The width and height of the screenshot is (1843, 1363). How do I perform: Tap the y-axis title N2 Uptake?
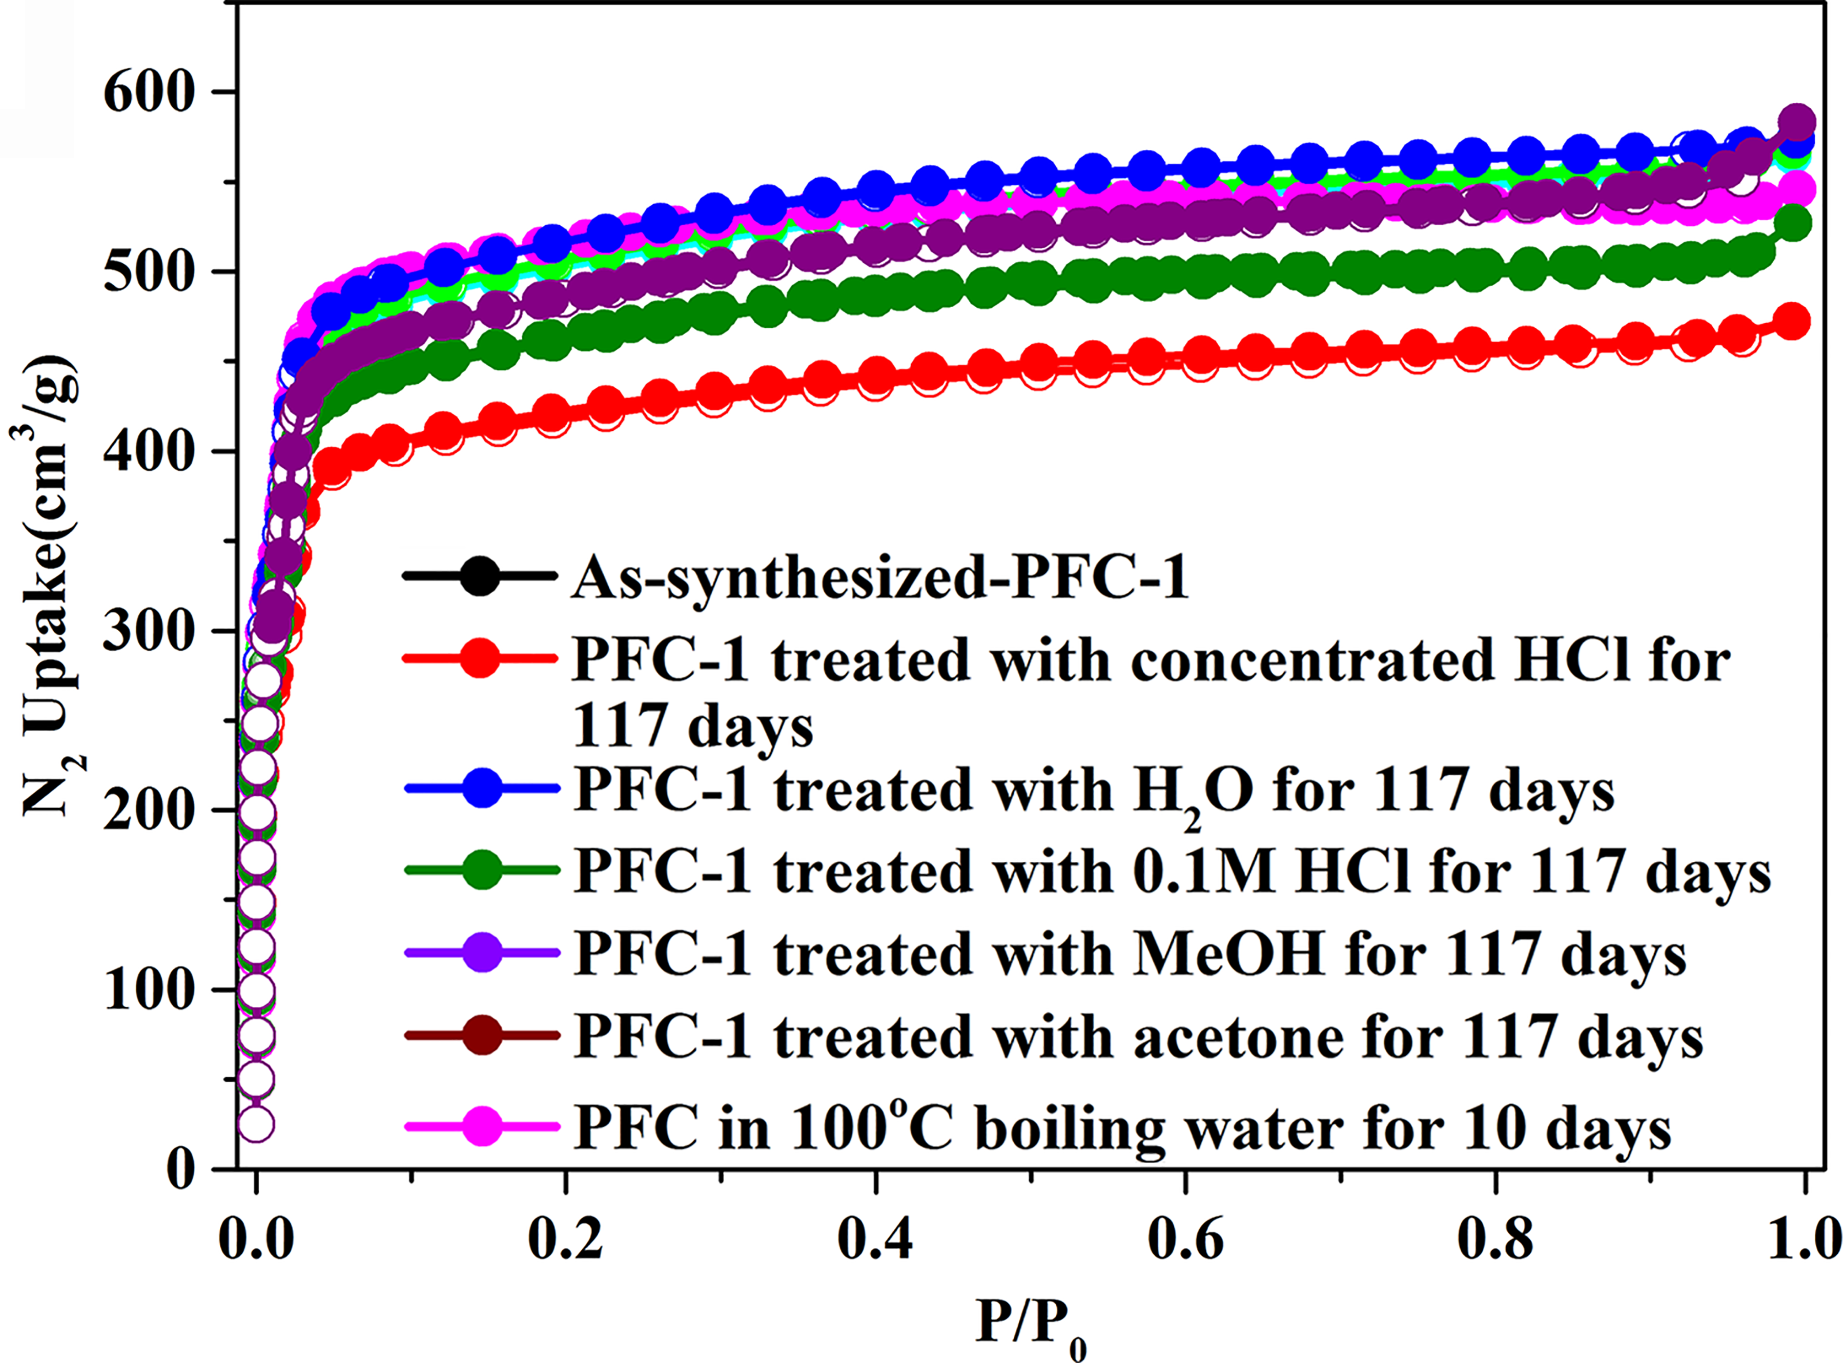point(51,586)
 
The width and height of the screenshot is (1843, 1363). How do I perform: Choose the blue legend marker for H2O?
point(482,789)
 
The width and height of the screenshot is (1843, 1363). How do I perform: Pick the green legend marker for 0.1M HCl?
point(482,870)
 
